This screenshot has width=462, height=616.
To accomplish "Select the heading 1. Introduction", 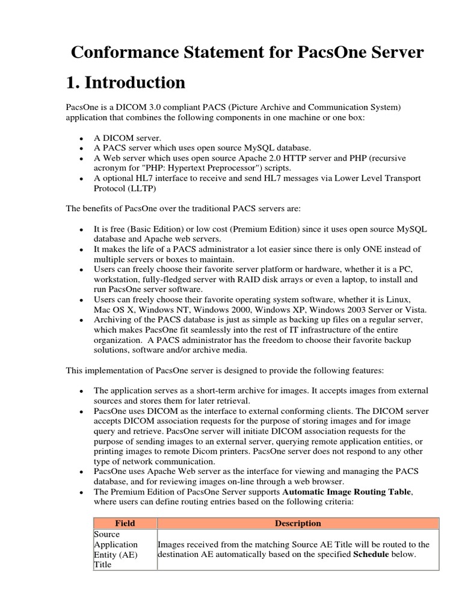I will [x=125, y=82].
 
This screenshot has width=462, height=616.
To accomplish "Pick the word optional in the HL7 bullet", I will [x=115, y=178].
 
